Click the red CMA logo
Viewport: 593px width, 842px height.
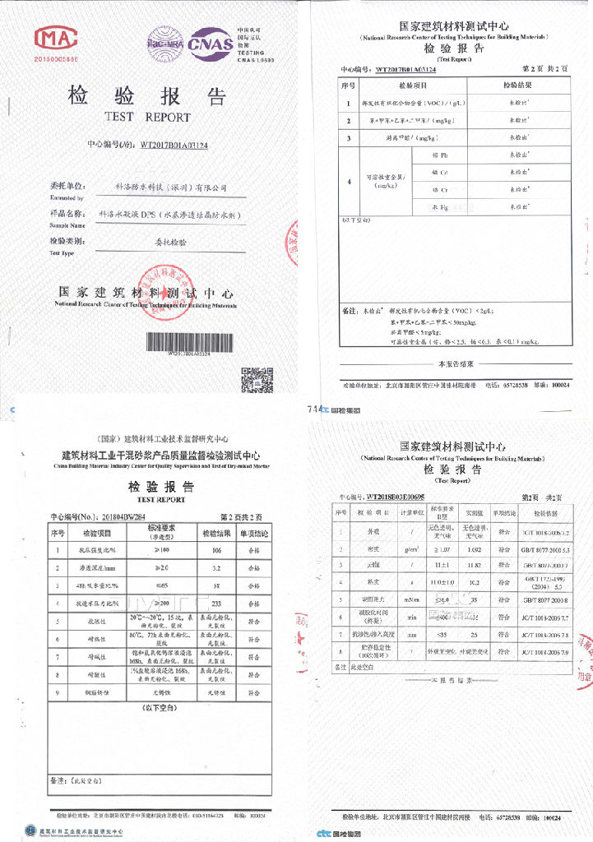pyautogui.click(x=55, y=39)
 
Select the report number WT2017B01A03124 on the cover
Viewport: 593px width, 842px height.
pyautogui.click(x=174, y=145)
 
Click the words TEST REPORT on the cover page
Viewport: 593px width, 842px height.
pyautogui.click(x=147, y=118)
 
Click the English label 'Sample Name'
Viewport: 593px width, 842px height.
pyautogui.click(x=67, y=224)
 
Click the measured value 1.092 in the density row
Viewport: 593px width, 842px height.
pyautogui.click(x=475, y=548)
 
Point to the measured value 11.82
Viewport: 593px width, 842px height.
pyautogui.click(x=475, y=566)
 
